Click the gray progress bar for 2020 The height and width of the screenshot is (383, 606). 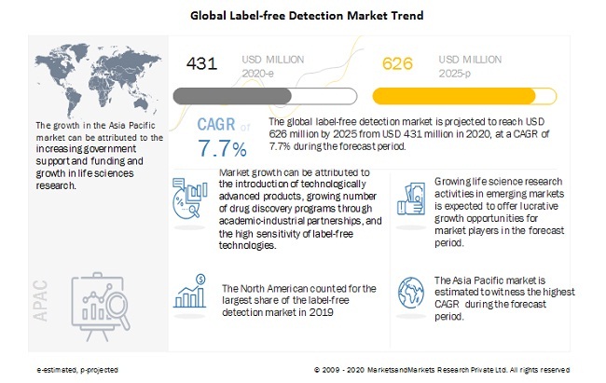point(264,95)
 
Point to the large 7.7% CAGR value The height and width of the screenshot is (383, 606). point(222,149)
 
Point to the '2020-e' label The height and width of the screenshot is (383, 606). point(258,73)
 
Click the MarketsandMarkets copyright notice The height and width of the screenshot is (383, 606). point(442,370)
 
